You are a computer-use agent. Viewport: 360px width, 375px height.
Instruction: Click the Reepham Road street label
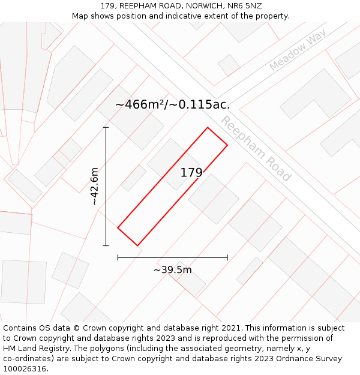point(256,149)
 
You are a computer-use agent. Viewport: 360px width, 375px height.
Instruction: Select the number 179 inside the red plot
point(191,173)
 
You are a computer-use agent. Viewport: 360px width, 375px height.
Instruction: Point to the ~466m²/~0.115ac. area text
point(173,104)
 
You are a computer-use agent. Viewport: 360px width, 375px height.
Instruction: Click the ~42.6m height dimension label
point(95,187)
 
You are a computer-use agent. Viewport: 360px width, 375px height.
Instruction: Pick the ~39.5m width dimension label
point(173,270)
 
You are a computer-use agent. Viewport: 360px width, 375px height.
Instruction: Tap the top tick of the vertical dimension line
point(106,127)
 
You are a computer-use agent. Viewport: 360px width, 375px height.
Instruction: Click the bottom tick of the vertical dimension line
point(106,245)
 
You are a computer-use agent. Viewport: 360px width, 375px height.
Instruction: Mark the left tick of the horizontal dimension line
point(118,257)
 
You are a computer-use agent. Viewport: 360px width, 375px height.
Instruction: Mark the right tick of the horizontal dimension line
point(227,257)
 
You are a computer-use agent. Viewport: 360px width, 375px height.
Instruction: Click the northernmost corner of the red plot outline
point(208,127)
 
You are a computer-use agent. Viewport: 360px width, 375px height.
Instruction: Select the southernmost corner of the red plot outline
point(137,245)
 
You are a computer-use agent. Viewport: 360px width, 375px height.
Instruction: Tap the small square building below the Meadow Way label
point(229,65)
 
